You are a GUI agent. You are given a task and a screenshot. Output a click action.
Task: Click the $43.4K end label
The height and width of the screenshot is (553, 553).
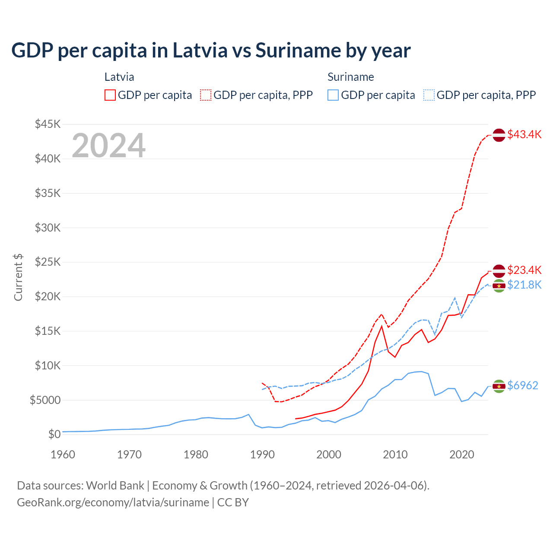pyautogui.click(x=524, y=134)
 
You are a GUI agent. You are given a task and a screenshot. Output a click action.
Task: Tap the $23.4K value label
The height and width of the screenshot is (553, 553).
pyautogui.click(x=524, y=270)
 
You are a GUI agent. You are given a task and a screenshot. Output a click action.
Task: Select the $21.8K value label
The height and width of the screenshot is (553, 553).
pyautogui.click(x=524, y=285)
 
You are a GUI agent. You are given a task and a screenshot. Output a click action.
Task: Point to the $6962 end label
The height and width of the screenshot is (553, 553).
pyautogui.click(x=522, y=385)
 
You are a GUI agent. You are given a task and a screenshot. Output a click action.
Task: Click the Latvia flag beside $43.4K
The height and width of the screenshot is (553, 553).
pyautogui.click(x=499, y=135)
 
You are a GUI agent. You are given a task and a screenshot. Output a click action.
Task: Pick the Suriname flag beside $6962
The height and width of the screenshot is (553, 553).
pyautogui.click(x=499, y=386)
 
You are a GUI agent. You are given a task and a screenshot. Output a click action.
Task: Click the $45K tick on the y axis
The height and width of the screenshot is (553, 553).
pyautogui.click(x=48, y=124)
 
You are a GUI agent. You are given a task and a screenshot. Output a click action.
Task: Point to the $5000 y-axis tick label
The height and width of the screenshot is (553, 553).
pyautogui.click(x=45, y=400)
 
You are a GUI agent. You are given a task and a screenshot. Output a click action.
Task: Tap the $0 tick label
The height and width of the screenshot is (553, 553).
pyautogui.click(x=54, y=434)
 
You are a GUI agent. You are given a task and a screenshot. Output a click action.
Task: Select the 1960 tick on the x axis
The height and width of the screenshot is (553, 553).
pyautogui.click(x=63, y=454)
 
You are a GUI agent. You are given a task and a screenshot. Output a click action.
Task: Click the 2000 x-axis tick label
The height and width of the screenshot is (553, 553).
pyautogui.click(x=329, y=454)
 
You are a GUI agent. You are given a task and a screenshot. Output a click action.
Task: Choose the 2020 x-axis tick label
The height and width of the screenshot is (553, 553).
pyautogui.click(x=462, y=454)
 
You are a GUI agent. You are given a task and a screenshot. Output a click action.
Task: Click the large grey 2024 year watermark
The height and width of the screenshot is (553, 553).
pyautogui.click(x=108, y=146)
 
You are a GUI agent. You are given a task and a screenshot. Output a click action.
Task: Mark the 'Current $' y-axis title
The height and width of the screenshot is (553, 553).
pyautogui.click(x=18, y=277)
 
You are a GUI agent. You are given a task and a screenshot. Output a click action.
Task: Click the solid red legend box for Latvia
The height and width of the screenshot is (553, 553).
pyautogui.click(x=110, y=95)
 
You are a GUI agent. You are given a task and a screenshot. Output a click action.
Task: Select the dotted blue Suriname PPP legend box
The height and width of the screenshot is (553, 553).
pyautogui.click(x=429, y=95)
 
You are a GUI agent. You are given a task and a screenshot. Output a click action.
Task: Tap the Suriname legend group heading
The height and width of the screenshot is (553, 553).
pyautogui.click(x=350, y=77)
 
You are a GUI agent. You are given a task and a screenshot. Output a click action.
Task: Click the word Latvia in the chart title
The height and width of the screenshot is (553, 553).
pyautogui.click(x=200, y=50)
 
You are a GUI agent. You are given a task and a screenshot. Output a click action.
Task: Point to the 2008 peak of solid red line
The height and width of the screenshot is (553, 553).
pyautogui.click(x=382, y=326)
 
